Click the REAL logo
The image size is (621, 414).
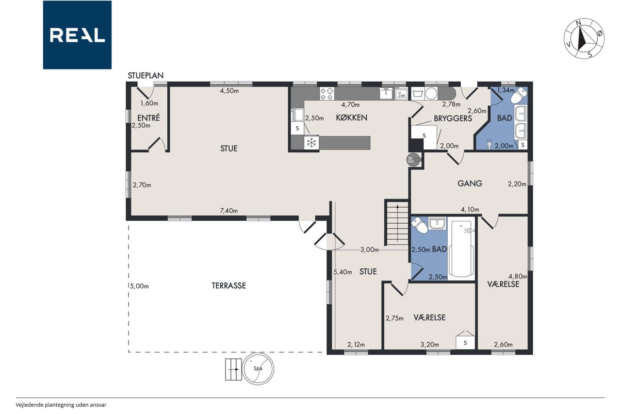77,35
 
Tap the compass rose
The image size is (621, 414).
584,38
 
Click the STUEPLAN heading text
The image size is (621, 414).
146,75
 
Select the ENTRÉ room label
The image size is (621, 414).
148,117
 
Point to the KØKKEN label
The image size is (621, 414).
352,117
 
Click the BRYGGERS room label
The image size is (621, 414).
453,118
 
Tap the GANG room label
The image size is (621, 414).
470,183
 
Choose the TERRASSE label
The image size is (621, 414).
229,285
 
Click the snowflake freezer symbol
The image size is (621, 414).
311,143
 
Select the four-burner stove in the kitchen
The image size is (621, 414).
327,94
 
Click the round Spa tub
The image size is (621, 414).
258,369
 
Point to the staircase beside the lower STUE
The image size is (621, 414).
396,223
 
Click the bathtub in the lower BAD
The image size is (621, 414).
461,249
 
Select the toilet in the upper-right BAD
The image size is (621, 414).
519,95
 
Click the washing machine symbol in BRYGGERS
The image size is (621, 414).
417,94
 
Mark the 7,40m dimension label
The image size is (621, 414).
229,211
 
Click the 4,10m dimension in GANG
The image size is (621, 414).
470,209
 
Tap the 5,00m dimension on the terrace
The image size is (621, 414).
139,286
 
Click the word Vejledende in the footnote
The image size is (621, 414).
30,405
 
